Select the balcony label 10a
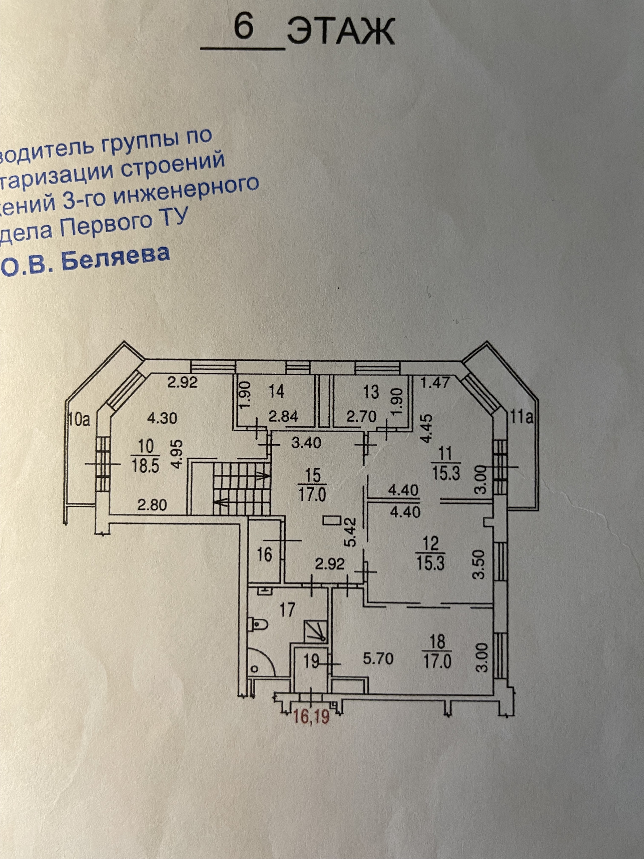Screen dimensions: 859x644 pyautogui.click(x=79, y=420)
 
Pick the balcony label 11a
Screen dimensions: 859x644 pyautogui.click(x=523, y=418)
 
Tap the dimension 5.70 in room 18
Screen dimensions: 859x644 pyautogui.click(x=378, y=659)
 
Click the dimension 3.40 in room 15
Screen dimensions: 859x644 pyautogui.click(x=306, y=443)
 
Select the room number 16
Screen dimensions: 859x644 pyautogui.click(x=264, y=555)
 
